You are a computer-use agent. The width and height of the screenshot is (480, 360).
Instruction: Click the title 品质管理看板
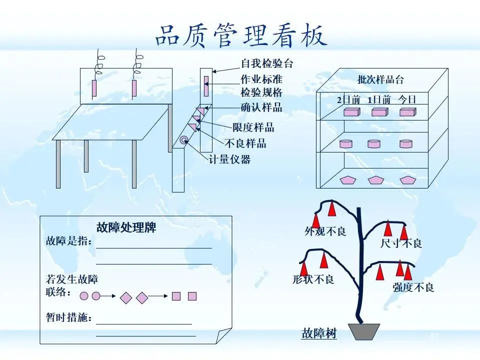241,35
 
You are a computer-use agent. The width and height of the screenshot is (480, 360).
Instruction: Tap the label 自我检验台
267,63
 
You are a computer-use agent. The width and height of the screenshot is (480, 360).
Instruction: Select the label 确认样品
261,107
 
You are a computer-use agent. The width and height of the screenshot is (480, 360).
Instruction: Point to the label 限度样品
253,127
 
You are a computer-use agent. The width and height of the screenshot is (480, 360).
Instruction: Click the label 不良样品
245,143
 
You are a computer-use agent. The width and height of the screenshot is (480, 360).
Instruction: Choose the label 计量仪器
229,159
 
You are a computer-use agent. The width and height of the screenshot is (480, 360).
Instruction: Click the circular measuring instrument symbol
184,140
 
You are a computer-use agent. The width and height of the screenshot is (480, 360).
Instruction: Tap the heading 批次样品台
380,79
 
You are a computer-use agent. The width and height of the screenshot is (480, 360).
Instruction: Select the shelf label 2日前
348,100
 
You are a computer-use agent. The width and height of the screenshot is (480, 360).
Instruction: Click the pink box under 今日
408,112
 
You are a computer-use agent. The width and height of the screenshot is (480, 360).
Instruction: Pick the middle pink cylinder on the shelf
374,143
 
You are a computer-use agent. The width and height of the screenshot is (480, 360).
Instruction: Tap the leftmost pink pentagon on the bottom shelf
348,180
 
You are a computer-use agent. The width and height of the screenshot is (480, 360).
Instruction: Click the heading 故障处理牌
126,227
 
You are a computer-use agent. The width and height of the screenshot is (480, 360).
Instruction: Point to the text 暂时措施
69,317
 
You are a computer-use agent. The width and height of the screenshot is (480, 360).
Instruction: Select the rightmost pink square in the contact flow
192,296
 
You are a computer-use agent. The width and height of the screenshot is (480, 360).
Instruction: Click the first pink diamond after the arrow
126,297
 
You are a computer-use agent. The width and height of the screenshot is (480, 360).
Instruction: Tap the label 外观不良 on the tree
325,231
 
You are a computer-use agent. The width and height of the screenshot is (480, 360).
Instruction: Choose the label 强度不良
413,287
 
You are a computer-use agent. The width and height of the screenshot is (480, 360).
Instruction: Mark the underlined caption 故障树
319,333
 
